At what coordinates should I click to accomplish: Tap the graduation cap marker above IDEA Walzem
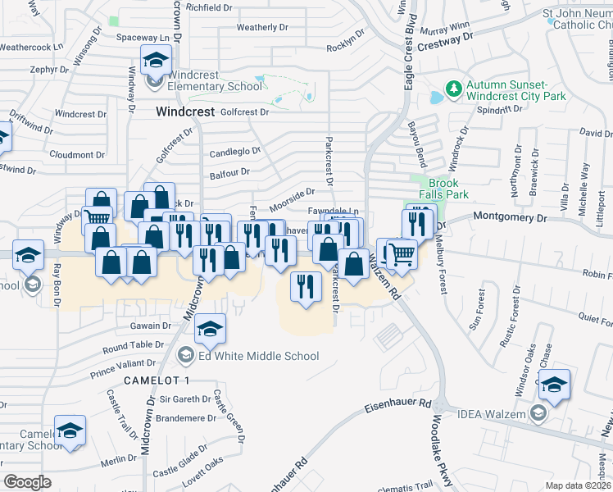coord(555,385)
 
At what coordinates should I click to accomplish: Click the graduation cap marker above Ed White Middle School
coord(211,329)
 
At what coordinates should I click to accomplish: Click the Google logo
coord(27,481)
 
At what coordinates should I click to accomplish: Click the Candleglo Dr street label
coord(234,152)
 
